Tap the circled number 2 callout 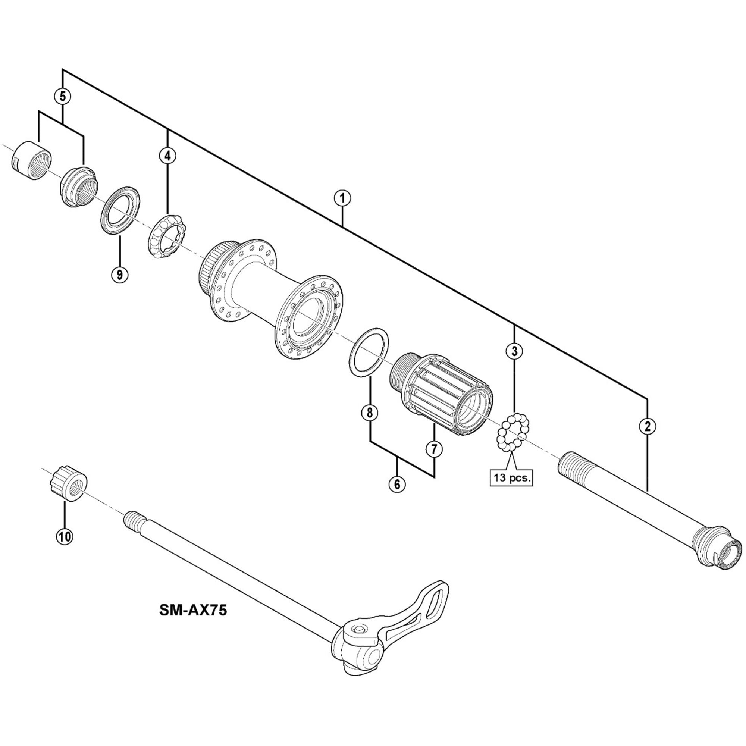(x=647, y=426)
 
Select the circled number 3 (x=514, y=351)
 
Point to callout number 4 (x=167, y=156)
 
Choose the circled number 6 (x=397, y=484)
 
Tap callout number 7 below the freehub (x=434, y=449)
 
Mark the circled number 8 (x=370, y=413)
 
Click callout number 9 (x=119, y=275)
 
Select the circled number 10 (x=64, y=536)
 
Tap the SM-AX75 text (x=193, y=610)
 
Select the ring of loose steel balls (x=512, y=432)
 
